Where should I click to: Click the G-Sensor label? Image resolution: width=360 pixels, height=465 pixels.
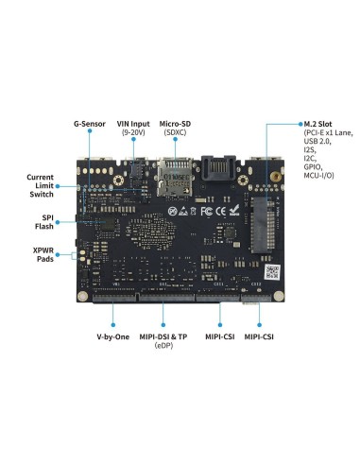pyautogui.click(x=90, y=124)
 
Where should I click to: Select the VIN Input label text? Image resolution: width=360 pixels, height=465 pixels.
pyautogui.click(x=133, y=124)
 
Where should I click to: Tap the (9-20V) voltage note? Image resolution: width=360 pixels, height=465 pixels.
pyautogui.click(x=133, y=133)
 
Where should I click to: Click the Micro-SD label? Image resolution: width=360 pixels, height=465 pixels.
pyautogui.click(x=176, y=124)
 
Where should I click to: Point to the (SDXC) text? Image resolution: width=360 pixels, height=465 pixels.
pyautogui.click(x=176, y=133)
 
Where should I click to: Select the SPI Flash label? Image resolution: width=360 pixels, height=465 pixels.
pyautogui.click(x=43, y=223)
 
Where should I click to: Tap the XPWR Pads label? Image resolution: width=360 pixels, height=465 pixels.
pyautogui.click(x=43, y=255)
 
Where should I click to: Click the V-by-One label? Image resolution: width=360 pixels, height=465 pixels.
pyautogui.click(x=112, y=337)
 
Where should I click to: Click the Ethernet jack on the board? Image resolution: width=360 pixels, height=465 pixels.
pyautogui.click(x=215, y=175)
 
